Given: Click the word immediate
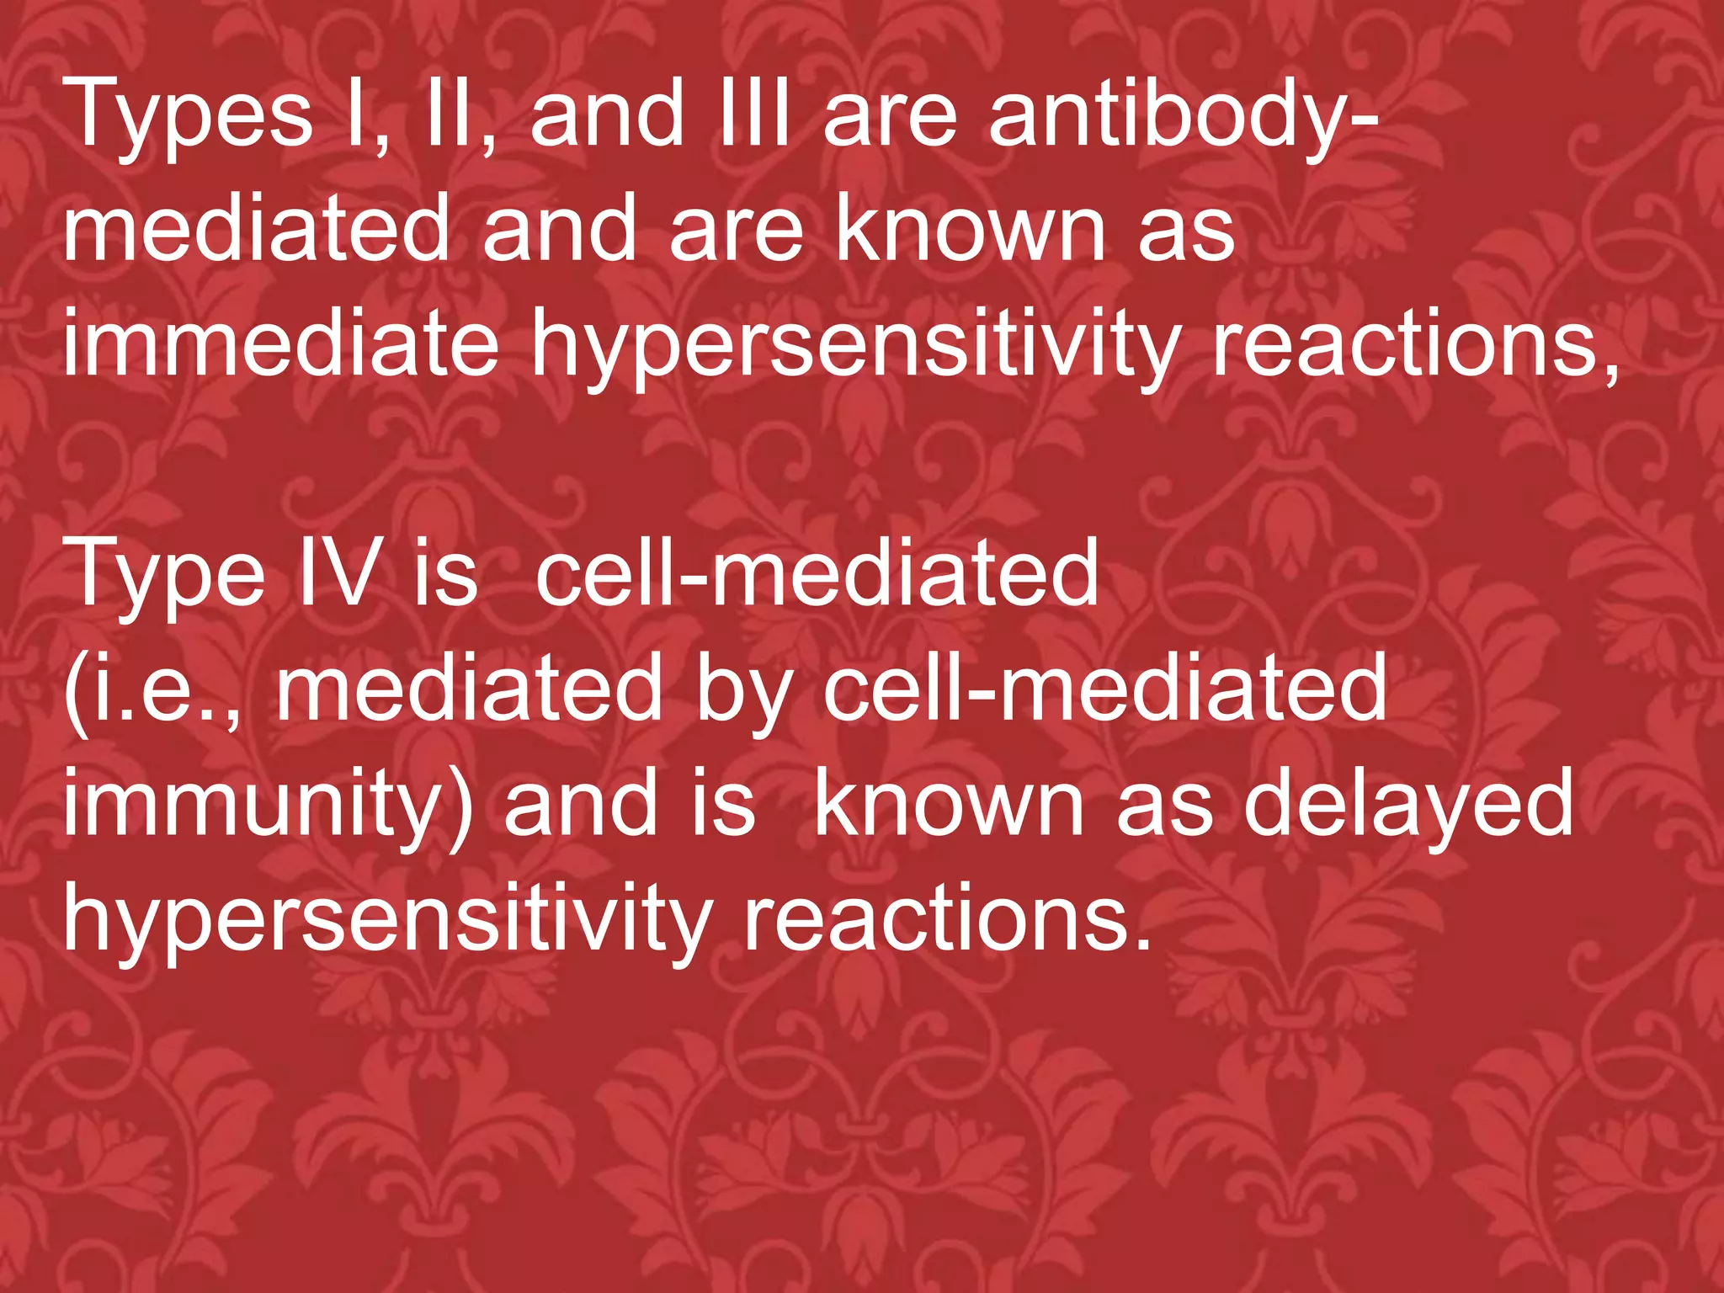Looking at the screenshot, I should coord(281,343).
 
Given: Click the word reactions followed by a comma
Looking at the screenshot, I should coord(1414,343).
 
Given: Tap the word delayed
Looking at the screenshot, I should coord(1408,806).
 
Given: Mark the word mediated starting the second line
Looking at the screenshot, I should coord(257,228).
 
